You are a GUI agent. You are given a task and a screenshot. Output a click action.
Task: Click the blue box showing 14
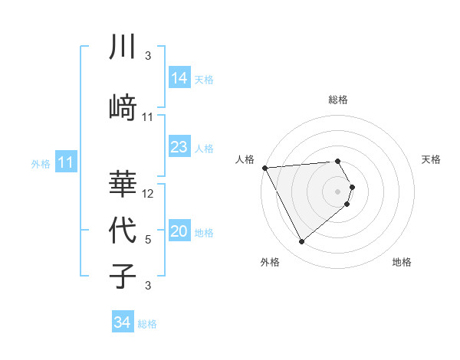click(179, 78)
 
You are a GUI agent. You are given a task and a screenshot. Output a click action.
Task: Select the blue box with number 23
click(179, 147)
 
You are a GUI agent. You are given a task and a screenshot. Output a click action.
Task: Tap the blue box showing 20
click(179, 232)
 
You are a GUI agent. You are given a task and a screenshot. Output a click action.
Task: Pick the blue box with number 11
click(66, 162)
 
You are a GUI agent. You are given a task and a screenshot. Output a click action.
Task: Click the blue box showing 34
click(123, 322)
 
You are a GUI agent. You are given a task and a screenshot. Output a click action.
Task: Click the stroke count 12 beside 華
click(149, 194)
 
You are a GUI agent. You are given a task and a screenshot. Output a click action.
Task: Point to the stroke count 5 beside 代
click(148, 240)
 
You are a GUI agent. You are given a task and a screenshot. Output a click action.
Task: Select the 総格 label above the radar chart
click(338, 100)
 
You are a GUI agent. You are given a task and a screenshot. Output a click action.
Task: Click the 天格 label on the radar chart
click(431, 159)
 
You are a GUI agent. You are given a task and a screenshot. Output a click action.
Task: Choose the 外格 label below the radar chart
click(270, 262)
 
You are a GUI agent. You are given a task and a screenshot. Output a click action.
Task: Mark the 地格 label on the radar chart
click(402, 262)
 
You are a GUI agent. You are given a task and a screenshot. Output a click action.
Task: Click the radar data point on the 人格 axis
click(264, 167)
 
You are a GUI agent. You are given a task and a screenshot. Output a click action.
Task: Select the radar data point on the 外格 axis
click(301, 242)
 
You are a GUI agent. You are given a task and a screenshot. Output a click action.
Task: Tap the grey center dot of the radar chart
click(338, 191)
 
